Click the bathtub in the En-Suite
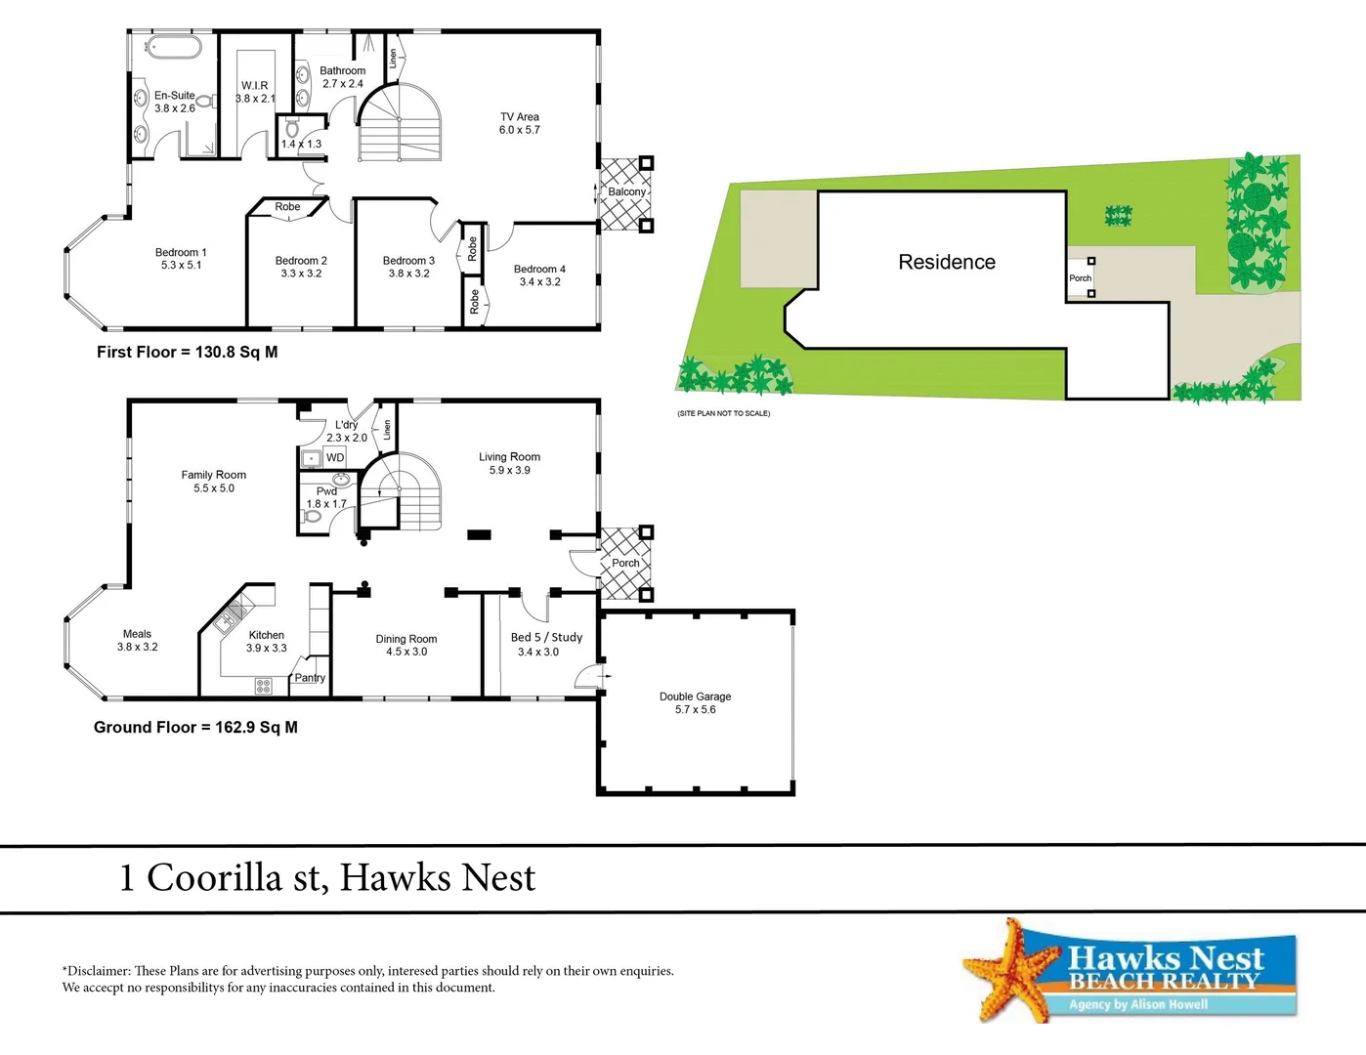point(173,48)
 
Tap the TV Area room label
point(519,117)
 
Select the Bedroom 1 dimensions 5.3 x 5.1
point(181,266)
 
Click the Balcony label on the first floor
point(626,192)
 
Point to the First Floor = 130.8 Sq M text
point(187,353)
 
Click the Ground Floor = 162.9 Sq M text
point(195,728)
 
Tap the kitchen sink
point(231,612)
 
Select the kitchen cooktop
point(263,686)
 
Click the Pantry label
point(310,678)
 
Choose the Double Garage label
point(695,696)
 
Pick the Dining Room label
point(406,639)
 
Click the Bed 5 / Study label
point(546,637)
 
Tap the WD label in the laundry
point(335,457)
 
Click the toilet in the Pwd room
point(313,516)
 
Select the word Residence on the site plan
point(947,262)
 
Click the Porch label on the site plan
point(1080,278)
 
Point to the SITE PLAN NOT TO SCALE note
point(723,413)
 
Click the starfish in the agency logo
point(1008,971)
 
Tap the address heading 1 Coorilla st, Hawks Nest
point(327,878)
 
